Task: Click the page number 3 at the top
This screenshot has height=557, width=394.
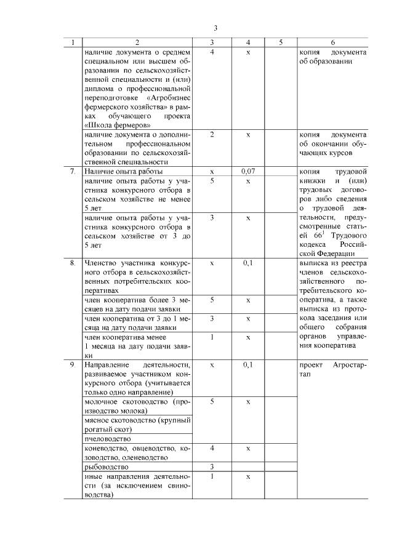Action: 215,28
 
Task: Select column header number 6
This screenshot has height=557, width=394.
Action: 332,42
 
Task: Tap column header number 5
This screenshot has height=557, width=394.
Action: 280,42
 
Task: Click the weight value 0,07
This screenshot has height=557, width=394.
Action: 247,172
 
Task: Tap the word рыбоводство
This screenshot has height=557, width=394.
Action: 106,467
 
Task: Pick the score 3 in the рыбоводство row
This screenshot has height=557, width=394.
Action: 212,467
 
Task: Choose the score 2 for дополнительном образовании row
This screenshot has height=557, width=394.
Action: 212,134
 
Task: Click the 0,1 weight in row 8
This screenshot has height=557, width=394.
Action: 247,263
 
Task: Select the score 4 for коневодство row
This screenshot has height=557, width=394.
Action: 212,448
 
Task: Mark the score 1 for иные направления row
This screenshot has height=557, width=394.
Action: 212,476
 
